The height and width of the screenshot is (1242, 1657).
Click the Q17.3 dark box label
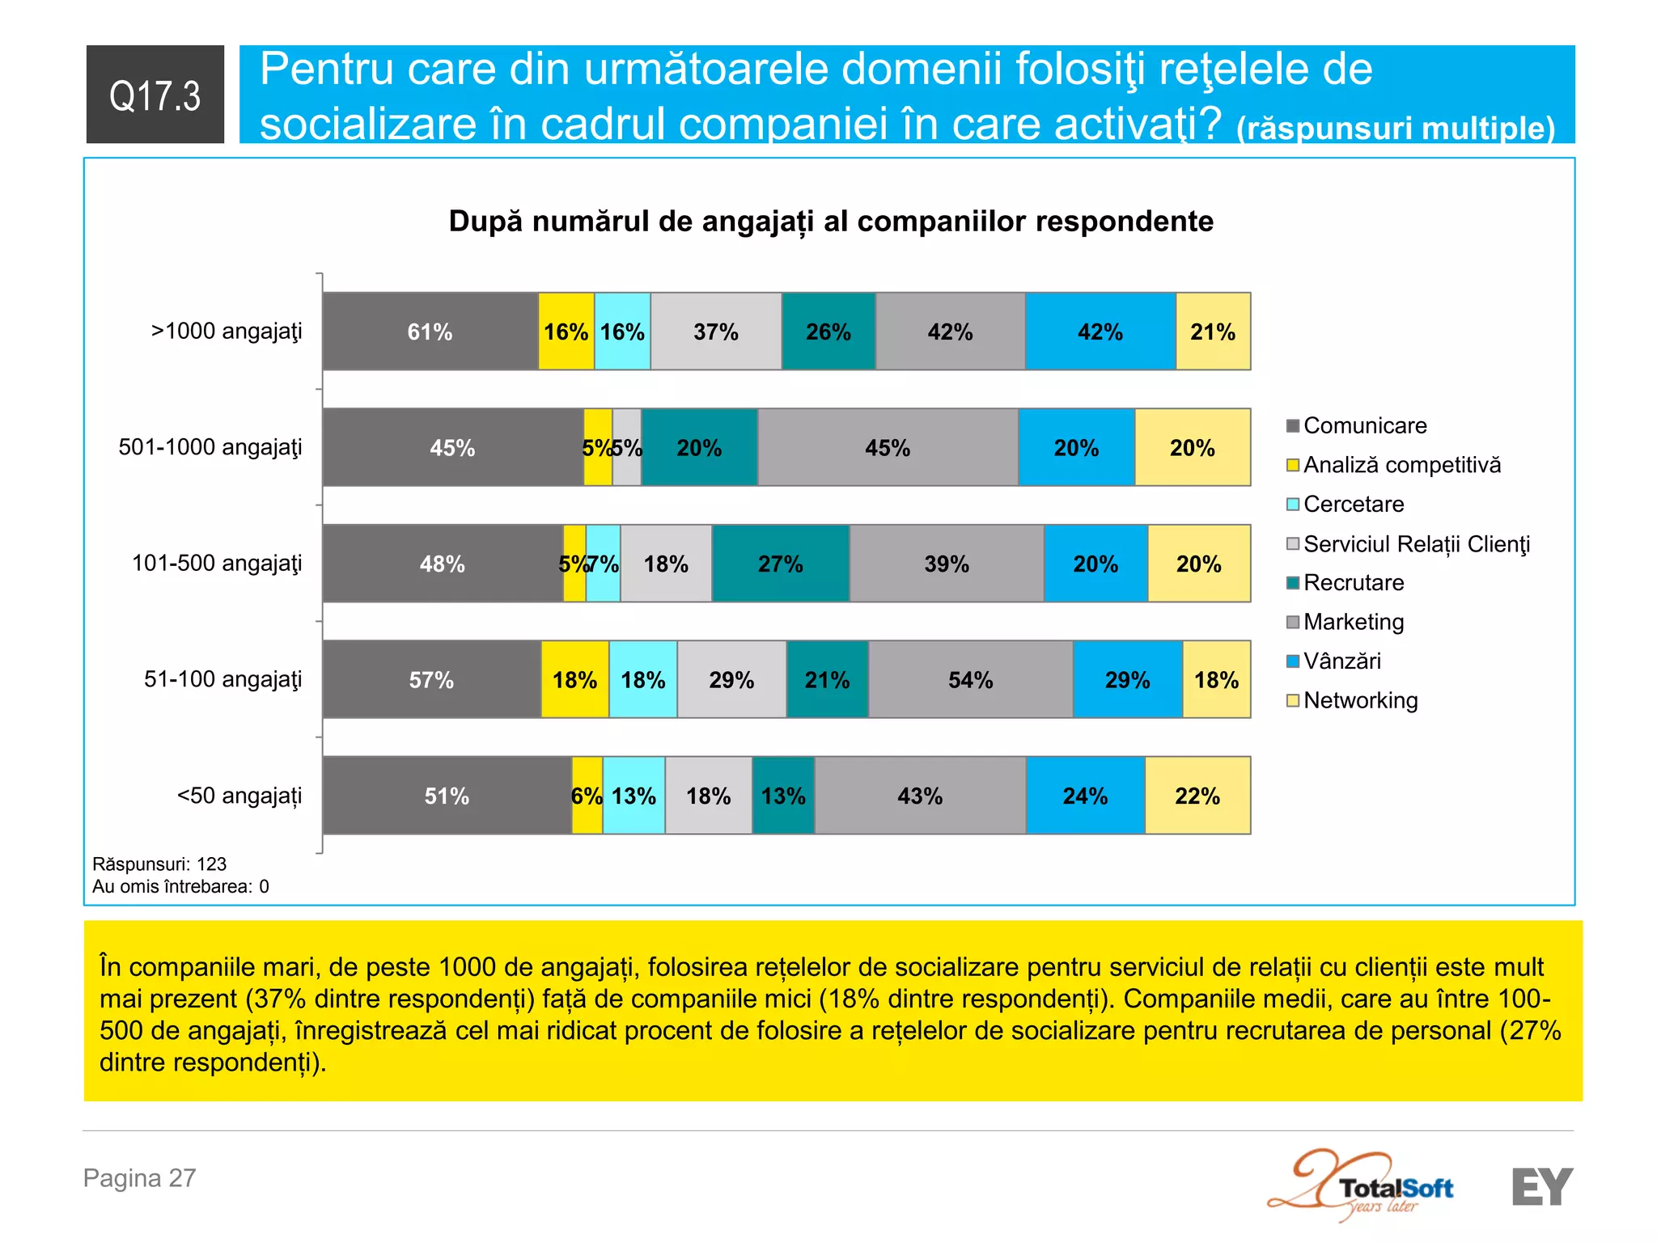click(x=155, y=95)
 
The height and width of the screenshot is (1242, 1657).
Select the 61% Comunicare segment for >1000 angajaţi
click(x=430, y=332)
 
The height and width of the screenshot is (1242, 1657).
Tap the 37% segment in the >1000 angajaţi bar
click(x=715, y=332)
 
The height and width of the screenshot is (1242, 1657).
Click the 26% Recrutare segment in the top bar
click(x=828, y=332)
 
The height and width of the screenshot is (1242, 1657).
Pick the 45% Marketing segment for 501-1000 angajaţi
click(x=887, y=447)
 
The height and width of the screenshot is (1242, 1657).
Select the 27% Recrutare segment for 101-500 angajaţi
click(x=780, y=564)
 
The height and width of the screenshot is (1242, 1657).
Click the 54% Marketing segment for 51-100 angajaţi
click(x=970, y=679)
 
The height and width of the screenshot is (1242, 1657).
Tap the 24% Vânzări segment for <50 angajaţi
click(x=1085, y=796)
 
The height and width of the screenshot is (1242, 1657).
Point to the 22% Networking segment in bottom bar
click(x=1197, y=796)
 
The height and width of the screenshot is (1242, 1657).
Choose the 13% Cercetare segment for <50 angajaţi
click(x=634, y=796)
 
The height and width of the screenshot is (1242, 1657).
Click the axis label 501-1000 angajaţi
click(x=210, y=447)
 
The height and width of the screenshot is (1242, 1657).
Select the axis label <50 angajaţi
click(x=239, y=796)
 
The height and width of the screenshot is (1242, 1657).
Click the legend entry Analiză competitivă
click(x=1401, y=465)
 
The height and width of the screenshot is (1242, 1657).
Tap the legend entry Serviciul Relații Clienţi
click(x=1416, y=543)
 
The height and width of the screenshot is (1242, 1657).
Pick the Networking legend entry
click(x=1360, y=700)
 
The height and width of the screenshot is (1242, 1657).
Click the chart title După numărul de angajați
click(x=831, y=221)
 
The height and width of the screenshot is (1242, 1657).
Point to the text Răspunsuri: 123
click(x=159, y=864)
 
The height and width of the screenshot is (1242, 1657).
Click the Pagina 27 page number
click(x=140, y=1177)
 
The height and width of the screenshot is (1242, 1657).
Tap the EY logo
click(x=1541, y=1186)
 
